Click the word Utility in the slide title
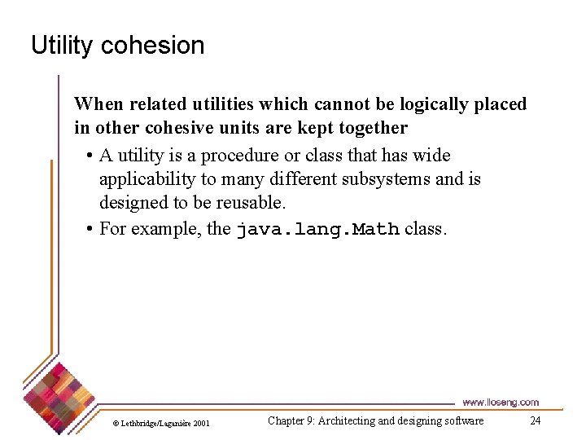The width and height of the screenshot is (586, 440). click(x=62, y=46)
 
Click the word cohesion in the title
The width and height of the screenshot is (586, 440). click(x=152, y=46)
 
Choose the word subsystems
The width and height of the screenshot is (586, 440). click(x=388, y=179)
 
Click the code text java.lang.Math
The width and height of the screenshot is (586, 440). click(x=317, y=230)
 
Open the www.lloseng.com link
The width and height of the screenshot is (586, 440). click(x=501, y=403)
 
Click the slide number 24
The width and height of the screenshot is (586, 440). click(x=535, y=420)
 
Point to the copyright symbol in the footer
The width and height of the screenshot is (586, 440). click(x=116, y=424)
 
